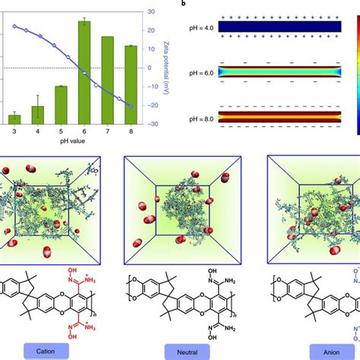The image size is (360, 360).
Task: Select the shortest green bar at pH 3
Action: pos(14,118)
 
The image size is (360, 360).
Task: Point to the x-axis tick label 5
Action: pos(61,132)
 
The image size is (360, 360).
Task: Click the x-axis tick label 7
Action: pos(108,132)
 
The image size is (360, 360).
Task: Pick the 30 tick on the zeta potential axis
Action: pos(152,12)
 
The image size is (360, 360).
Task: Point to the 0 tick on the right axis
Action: pos(150,68)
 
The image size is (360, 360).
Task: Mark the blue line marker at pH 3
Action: pos(14,25)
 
